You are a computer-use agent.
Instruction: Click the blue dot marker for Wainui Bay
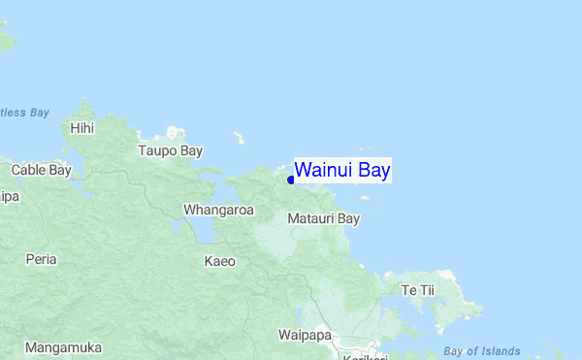(x=290, y=180)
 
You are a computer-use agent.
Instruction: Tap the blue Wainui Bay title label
(x=342, y=171)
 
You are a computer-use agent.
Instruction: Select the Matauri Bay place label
(x=324, y=218)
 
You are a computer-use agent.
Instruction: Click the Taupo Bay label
(x=170, y=150)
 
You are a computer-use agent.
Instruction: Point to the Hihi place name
(x=83, y=127)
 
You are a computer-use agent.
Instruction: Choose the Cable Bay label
(x=41, y=170)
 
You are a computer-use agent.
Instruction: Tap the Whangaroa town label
(x=218, y=210)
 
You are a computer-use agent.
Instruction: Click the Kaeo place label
(x=219, y=260)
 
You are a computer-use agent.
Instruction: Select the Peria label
(x=41, y=259)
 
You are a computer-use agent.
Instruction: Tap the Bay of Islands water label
(x=481, y=351)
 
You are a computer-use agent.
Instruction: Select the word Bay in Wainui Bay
(x=373, y=171)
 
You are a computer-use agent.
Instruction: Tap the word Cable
(x=27, y=170)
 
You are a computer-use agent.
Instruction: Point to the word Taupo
(x=155, y=150)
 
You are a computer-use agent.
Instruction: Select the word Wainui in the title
(x=324, y=171)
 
